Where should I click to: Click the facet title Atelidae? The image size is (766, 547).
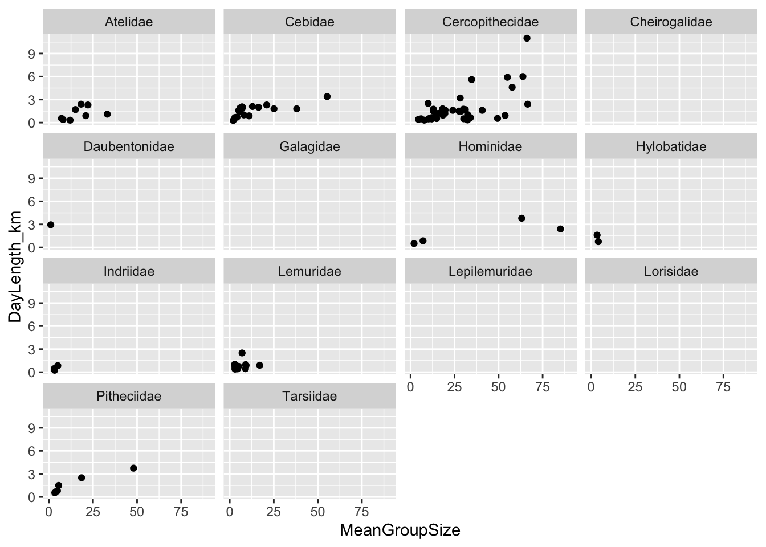129,22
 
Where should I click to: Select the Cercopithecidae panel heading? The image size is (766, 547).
490,22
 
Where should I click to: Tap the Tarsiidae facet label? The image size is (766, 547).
309,396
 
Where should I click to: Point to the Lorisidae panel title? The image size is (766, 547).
671,271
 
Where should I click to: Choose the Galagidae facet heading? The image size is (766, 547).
309,146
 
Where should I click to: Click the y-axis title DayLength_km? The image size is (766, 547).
15,267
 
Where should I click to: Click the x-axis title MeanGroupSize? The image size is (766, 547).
400,530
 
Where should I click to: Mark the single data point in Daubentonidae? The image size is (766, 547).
51,224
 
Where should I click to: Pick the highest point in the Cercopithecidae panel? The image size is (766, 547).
527,38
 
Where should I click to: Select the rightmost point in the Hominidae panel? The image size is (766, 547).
560,229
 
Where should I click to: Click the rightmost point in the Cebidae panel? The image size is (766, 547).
327,96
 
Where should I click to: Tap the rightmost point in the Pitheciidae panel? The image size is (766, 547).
133,468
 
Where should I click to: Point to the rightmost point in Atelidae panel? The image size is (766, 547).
107,114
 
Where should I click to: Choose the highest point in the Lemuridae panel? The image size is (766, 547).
242,353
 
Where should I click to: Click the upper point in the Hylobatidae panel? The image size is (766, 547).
597,235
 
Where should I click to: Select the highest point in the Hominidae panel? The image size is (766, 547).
521,218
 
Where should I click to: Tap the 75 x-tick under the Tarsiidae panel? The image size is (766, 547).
362,512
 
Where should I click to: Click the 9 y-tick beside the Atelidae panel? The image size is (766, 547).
33,54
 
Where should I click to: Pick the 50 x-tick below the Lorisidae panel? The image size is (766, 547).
679,387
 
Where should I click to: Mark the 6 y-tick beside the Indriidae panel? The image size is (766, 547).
33,326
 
